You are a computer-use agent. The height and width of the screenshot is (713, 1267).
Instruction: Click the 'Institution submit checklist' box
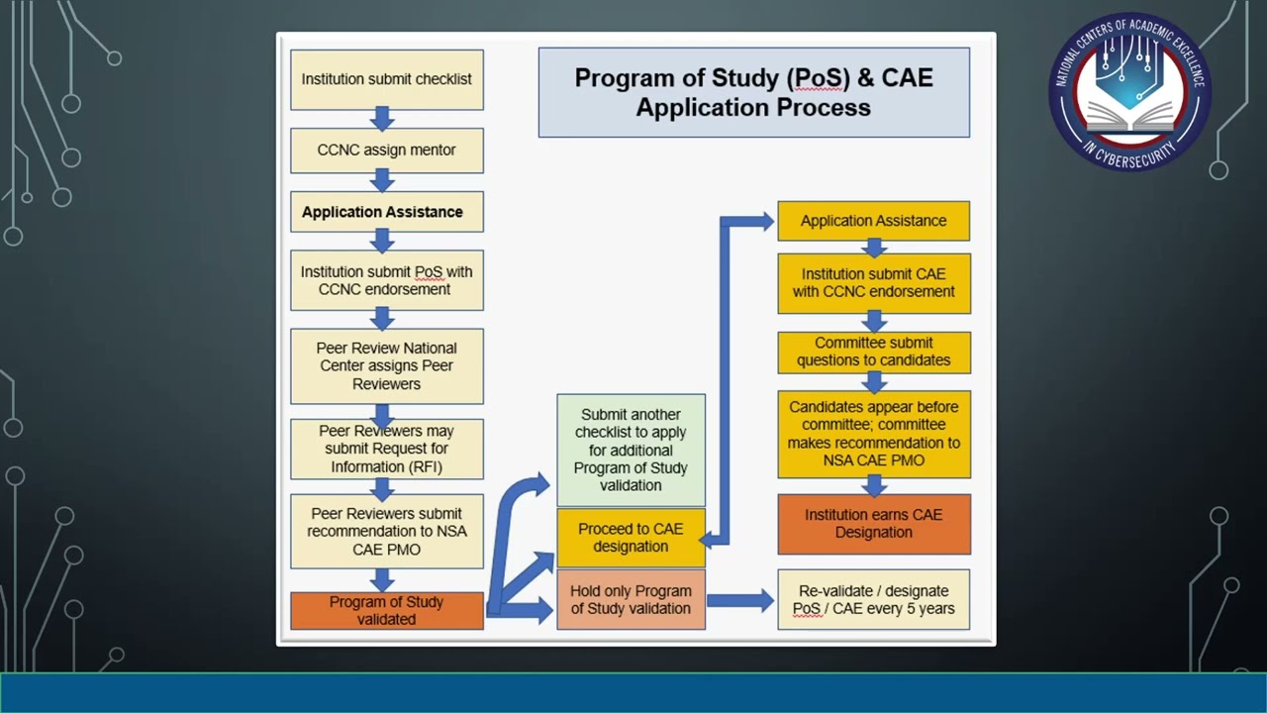coord(386,79)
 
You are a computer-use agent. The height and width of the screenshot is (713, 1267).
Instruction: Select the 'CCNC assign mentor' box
coord(386,151)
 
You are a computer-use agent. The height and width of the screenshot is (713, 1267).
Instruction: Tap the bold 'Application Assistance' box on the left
coord(386,212)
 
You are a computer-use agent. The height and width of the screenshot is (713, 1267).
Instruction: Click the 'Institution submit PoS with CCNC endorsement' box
coord(386,280)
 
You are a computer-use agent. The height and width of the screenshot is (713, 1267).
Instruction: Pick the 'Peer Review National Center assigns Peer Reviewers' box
coord(386,365)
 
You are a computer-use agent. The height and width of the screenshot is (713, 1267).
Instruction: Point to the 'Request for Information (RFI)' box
coord(386,449)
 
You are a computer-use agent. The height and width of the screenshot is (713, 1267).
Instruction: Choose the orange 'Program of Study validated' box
coord(386,610)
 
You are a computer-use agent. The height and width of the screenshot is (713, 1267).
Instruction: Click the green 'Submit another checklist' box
coord(631,450)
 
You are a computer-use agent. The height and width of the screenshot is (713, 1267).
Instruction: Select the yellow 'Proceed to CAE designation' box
coord(631,538)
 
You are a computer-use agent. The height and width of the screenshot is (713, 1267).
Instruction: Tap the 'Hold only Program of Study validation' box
coord(631,599)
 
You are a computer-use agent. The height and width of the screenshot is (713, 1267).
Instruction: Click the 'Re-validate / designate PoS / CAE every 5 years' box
coord(873,599)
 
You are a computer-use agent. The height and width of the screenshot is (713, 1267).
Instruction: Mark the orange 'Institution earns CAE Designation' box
coord(873,524)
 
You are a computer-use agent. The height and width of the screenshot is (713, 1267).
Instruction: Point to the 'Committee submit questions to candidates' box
coord(873,352)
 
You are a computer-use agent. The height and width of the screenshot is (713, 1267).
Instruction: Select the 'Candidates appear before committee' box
coord(873,434)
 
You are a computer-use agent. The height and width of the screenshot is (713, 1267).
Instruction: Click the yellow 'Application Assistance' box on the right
coord(873,221)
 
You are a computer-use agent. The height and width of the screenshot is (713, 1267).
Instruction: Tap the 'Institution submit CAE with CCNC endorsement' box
coord(873,283)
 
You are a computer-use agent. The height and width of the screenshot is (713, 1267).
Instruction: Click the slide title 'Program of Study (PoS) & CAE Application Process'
coord(753,92)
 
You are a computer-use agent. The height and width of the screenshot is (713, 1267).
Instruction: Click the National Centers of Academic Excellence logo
coord(1129,91)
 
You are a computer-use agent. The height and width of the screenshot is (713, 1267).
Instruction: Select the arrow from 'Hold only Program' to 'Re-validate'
coord(740,599)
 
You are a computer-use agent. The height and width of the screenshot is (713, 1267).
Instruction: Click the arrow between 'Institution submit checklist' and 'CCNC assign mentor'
coord(382,119)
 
